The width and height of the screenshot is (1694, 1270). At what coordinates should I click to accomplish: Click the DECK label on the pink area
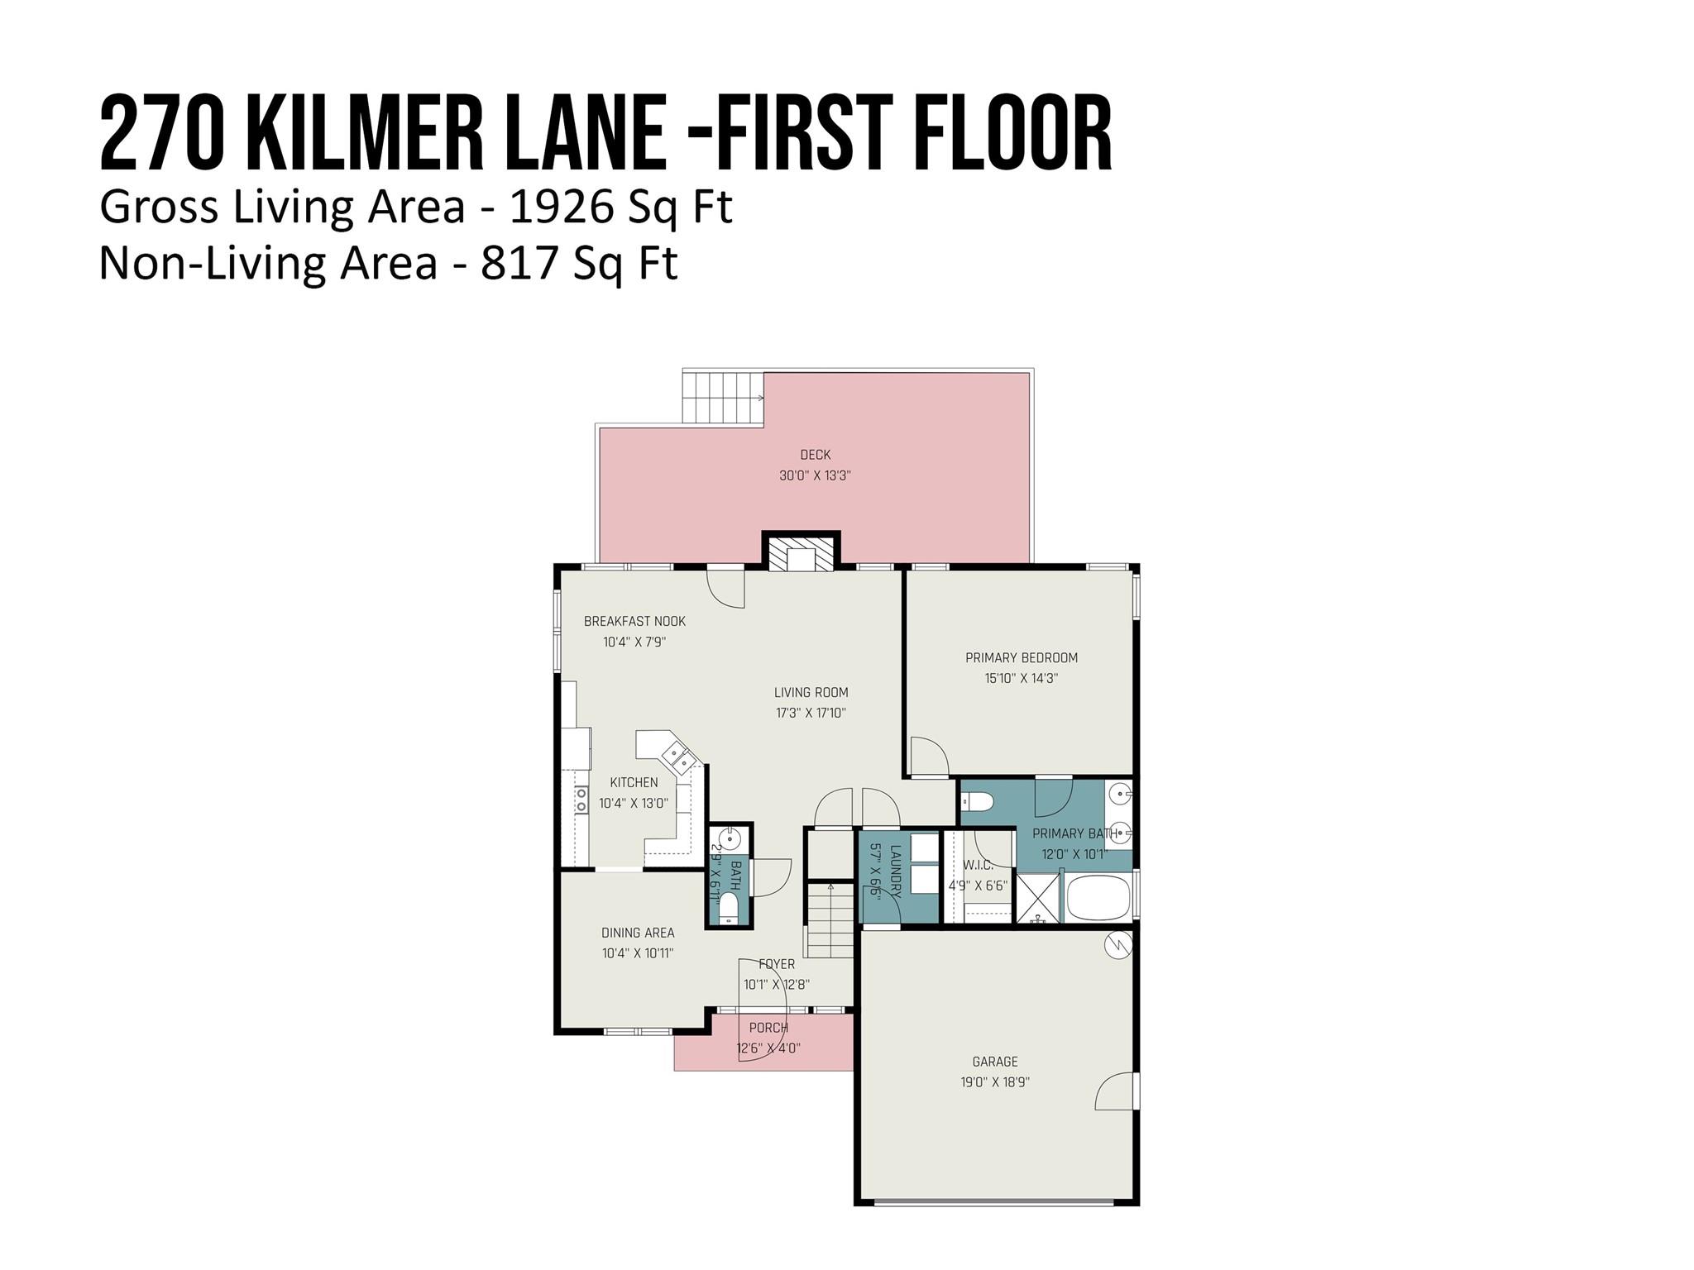pyautogui.click(x=815, y=455)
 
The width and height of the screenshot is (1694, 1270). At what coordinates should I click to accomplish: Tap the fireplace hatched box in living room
pyautogui.click(x=800, y=553)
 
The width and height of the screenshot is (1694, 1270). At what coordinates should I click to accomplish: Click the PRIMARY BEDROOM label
pyautogui.click(x=1022, y=658)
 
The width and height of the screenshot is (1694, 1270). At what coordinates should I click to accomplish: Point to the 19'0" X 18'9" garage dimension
pyautogui.click(x=994, y=1082)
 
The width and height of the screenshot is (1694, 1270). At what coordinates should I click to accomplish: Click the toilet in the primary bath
pyautogui.click(x=978, y=801)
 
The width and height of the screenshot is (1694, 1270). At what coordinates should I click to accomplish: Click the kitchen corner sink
pyautogui.click(x=682, y=757)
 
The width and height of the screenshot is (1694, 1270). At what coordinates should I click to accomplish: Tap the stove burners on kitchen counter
pyautogui.click(x=581, y=800)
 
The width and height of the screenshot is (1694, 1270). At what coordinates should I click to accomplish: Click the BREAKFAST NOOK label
pyautogui.click(x=634, y=622)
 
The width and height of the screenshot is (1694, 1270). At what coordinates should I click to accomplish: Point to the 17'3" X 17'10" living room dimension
pyautogui.click(x=811, y=713)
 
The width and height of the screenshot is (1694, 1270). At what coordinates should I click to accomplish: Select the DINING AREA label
pyautogui.click(x=638, y=933)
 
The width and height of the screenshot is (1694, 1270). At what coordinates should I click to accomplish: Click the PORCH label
pyautogui.click(x=768, y=1028)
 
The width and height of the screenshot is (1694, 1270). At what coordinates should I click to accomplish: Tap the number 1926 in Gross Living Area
pyautogui.click(x=562, y=207)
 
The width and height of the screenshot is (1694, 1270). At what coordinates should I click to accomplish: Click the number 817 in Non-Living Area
pyautogui.click(x=510, y=264)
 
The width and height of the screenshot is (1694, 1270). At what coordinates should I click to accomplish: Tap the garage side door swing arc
pyautogui.click(x=1113, y=1091)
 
